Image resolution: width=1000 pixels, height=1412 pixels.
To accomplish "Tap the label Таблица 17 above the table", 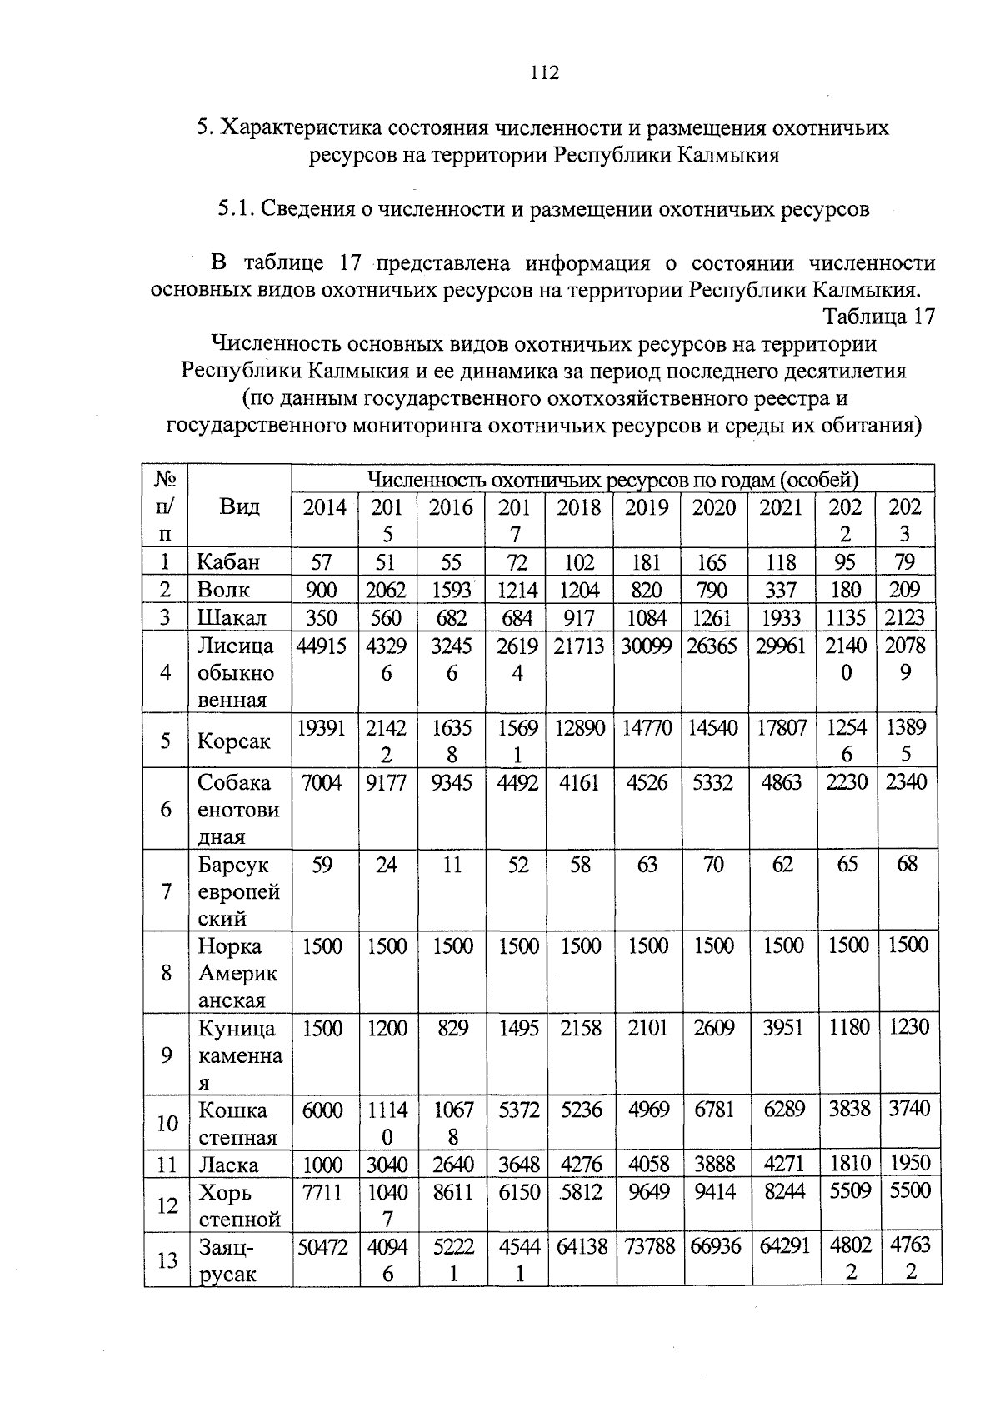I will (878, 317).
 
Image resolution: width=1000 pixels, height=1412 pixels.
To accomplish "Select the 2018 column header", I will (578, 507).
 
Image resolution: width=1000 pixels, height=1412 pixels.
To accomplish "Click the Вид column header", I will (239, 506).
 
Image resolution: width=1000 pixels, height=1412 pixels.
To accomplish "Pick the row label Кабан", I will (228, 561).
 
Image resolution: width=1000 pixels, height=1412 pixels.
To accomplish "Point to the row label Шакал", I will (232, 617).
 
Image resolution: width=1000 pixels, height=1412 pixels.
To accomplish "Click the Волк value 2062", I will (387, 590).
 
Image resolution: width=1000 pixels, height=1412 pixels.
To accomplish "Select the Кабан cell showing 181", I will (647, 561).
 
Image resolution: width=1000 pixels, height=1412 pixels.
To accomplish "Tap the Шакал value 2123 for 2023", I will (905, 617).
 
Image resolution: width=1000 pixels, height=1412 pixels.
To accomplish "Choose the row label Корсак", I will (234, 741).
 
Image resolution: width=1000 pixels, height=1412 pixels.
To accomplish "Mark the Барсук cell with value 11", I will (451, 865).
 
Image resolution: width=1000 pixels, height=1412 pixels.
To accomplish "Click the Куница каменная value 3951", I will (782, 1028).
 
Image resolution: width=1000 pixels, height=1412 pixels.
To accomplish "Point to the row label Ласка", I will (228, 1165).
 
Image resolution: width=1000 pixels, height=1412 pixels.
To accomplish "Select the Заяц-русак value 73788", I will (647, 1247).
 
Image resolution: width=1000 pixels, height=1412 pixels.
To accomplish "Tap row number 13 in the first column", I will (167, 1260).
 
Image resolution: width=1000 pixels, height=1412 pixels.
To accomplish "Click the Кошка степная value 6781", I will (714, 1110).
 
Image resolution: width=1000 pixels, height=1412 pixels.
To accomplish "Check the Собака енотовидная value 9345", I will (451, 782).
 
